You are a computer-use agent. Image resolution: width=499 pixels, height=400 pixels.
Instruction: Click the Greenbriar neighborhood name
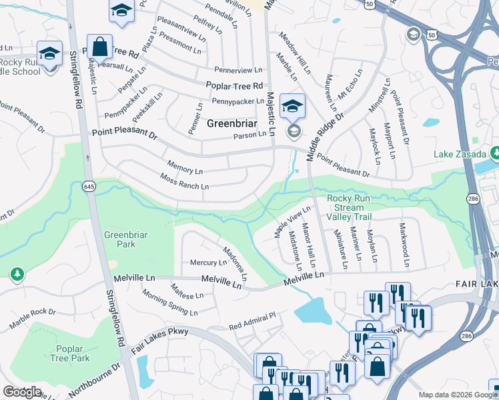click(x=231, y=123)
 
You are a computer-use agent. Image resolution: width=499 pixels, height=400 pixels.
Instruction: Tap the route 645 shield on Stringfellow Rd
click(x=89, y=188)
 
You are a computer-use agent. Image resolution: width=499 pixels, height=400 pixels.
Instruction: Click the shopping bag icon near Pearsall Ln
click(x=99, y=48)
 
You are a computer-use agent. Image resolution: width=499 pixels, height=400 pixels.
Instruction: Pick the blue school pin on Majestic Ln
click(x=292, y=105)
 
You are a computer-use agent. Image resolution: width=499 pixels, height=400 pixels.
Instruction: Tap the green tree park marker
click(x=17, y=274)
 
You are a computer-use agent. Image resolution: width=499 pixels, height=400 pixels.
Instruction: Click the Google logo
click(x=22, y=392)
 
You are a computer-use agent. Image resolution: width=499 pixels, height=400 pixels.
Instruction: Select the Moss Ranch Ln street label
click(x=185, y=181)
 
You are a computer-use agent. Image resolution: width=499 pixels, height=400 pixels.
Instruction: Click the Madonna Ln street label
click(x=235, y=263)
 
